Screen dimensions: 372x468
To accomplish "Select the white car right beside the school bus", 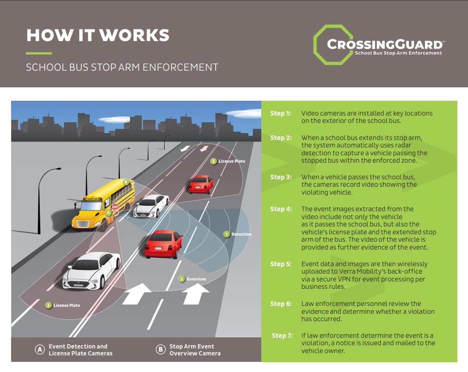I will coord(151,205).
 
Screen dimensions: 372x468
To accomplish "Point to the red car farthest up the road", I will coord(201,183).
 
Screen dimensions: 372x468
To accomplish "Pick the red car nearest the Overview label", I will coord(163,243).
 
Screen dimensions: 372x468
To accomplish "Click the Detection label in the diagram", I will coord(241,234).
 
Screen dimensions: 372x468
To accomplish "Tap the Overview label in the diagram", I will coord(196,279).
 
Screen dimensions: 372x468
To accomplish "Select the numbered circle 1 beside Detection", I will coord(227,234).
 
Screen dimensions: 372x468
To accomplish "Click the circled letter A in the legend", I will coord(40,350).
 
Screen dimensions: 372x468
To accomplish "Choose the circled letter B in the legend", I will coord(160,350).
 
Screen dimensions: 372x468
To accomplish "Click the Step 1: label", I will coord(281,113).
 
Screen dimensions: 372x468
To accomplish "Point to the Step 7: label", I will coord(282,335).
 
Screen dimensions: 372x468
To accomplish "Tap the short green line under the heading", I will coord(38,53).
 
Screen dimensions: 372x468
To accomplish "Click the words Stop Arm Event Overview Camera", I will coord(195,350).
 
